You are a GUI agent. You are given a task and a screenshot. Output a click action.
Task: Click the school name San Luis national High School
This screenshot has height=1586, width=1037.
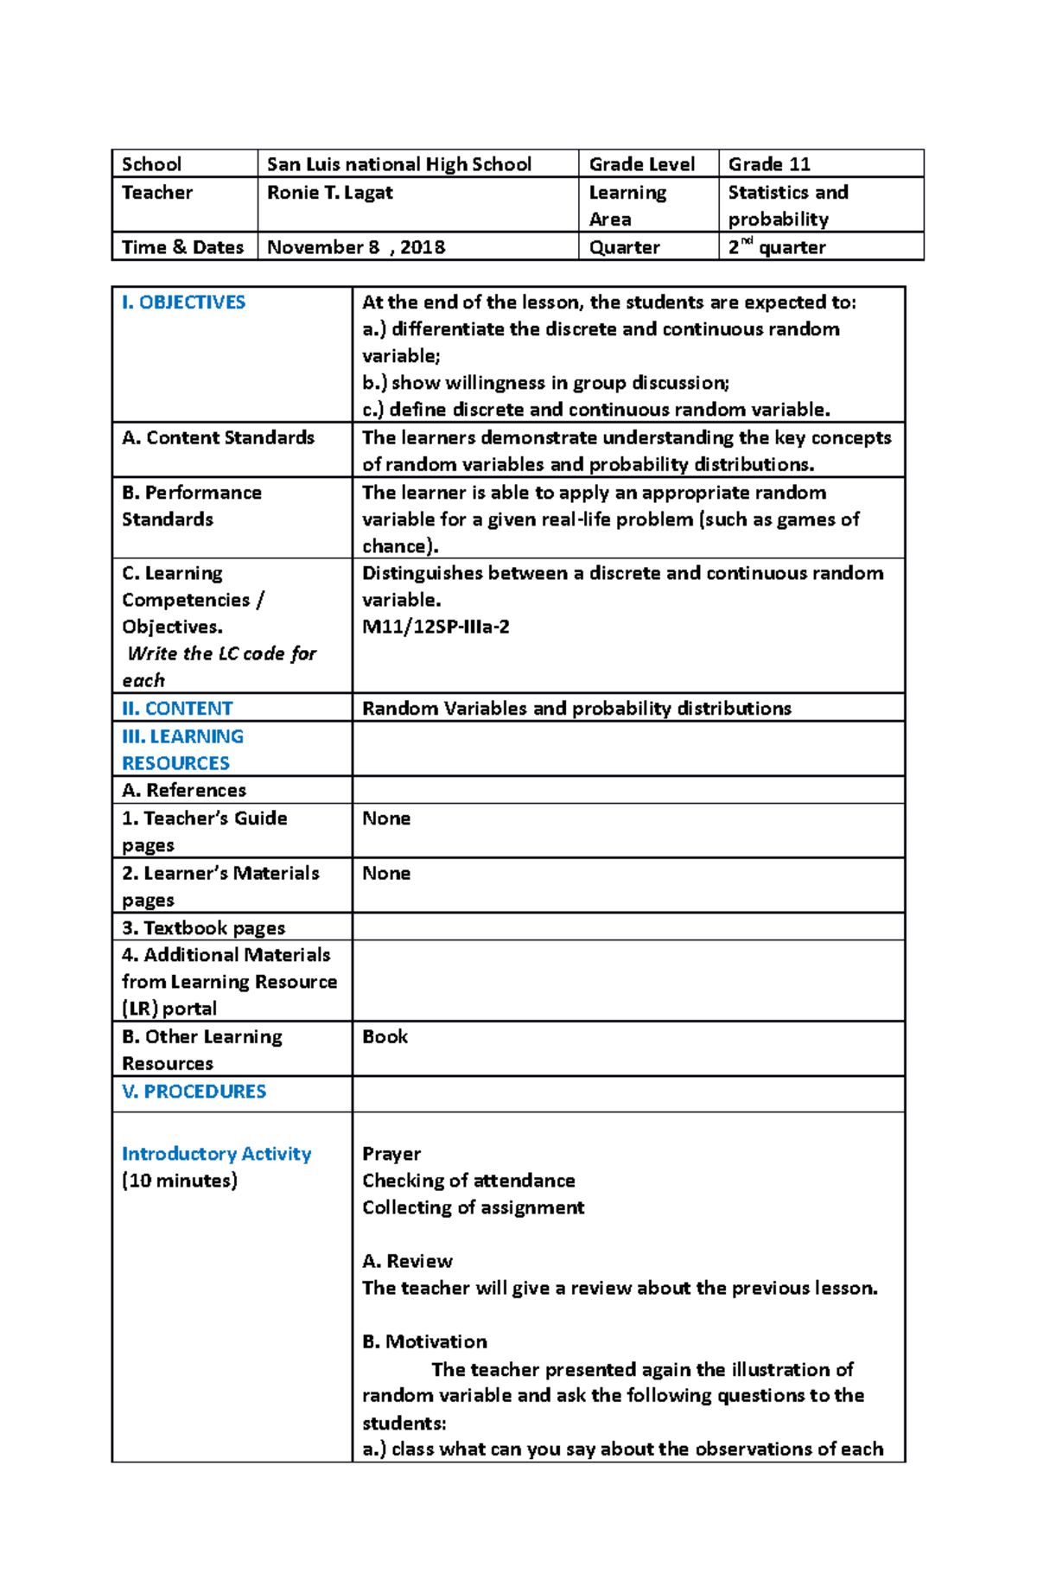tap(398, 164)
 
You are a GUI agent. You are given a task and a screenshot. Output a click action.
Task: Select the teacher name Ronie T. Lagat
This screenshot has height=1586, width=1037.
tap(329, 193)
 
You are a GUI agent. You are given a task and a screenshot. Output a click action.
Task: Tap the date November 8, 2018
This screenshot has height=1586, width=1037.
tap(355, 247)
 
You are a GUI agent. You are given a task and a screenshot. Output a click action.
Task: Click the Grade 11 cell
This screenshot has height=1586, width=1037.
tap(768, 164)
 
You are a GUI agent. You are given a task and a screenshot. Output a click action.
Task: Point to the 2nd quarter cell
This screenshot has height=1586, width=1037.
tap(776, 247)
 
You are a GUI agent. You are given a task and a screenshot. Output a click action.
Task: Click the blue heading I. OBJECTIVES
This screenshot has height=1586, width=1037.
tap(183, 303)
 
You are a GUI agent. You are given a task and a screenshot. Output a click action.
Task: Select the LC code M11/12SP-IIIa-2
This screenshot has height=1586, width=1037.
tap(435, 627)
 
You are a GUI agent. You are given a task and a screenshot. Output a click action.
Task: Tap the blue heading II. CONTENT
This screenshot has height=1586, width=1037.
tap(177, 709)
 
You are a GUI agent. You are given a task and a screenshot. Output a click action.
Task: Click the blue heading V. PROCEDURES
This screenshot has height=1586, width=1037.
tap(194, 1092)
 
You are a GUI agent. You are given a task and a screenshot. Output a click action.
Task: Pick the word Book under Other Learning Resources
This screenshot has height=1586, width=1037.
tap(385, 1036)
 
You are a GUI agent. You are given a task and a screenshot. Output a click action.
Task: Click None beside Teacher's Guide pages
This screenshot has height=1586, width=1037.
tap(385, 818)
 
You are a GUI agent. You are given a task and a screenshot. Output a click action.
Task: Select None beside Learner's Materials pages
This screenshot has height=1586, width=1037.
tap(385, 873)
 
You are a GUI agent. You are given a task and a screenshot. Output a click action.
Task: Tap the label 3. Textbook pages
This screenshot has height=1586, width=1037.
tap(203, 928)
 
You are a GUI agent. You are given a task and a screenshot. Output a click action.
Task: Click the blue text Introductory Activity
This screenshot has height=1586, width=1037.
tap(216, 1154)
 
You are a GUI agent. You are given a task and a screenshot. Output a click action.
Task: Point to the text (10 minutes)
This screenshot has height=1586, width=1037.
tap(179, 1181)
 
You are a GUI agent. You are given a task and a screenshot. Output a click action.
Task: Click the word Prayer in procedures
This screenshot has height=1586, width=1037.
tap(391, 1154)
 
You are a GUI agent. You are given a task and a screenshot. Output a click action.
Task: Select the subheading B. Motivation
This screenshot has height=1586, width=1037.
tap(423, 1342)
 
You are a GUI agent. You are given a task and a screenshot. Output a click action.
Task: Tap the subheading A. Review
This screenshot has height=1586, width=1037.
tap(406, 1261)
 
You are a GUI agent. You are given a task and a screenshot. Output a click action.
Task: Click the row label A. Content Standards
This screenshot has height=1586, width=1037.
tap(218, 438)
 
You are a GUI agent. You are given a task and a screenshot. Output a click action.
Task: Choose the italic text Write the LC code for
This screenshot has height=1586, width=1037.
tap(221, 654)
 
